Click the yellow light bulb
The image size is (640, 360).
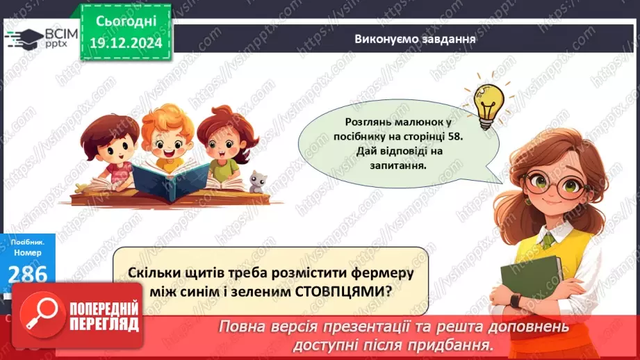488,105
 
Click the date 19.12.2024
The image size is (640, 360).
126,42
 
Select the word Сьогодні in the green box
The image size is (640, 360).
126,22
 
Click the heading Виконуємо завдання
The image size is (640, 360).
415,39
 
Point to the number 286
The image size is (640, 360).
28,274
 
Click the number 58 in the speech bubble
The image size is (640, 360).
454,136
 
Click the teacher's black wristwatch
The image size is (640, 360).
515,302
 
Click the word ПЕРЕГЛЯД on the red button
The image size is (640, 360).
104,325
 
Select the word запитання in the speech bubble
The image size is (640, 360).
397,165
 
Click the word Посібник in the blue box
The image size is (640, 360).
28,243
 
